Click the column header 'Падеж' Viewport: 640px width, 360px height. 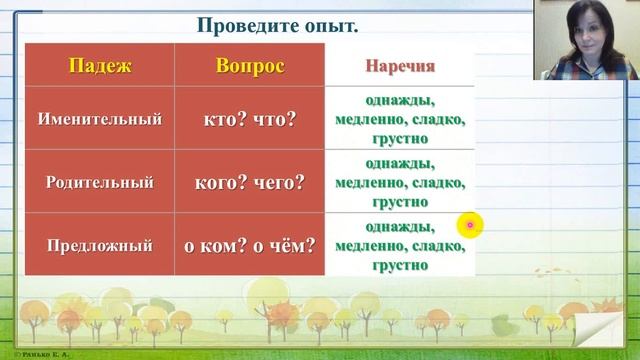coord(98,67)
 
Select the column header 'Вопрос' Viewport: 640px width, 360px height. coord(250,67)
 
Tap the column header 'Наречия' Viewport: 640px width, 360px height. coord(400,67)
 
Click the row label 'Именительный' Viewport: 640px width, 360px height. coord(99,119)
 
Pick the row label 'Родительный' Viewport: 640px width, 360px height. coord(99,182)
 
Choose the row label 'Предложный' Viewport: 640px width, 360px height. coord(99,244)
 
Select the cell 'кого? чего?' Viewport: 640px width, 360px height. coord(250,182)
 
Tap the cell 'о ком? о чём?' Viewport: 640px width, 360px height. coord(250,244)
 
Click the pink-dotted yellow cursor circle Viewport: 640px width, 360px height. coord(470,226)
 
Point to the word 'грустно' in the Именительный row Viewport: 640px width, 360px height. coord(400,139)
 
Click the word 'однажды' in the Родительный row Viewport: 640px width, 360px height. coord(400,164)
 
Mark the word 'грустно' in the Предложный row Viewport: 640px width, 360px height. coord(400,265)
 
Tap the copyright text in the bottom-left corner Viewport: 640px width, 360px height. coord(30,355)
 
